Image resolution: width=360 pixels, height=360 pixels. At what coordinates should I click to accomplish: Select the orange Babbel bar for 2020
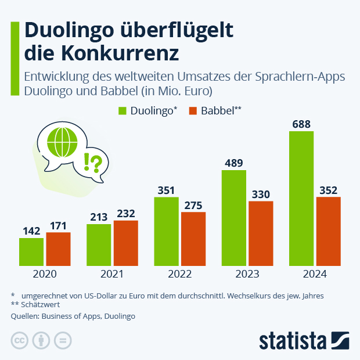click(x=58, y=248)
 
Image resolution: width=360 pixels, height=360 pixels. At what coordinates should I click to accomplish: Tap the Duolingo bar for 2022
click(x=166, y=231)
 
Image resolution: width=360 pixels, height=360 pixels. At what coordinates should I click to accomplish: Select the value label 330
click(x=261, y=194)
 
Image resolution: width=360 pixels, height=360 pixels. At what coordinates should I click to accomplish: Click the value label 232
click(x=125, y=214)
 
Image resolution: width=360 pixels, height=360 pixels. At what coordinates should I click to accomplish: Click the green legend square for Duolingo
click(x=122, y=110)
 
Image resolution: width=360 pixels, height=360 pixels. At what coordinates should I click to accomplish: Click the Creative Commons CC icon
click(x=20, y=341)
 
